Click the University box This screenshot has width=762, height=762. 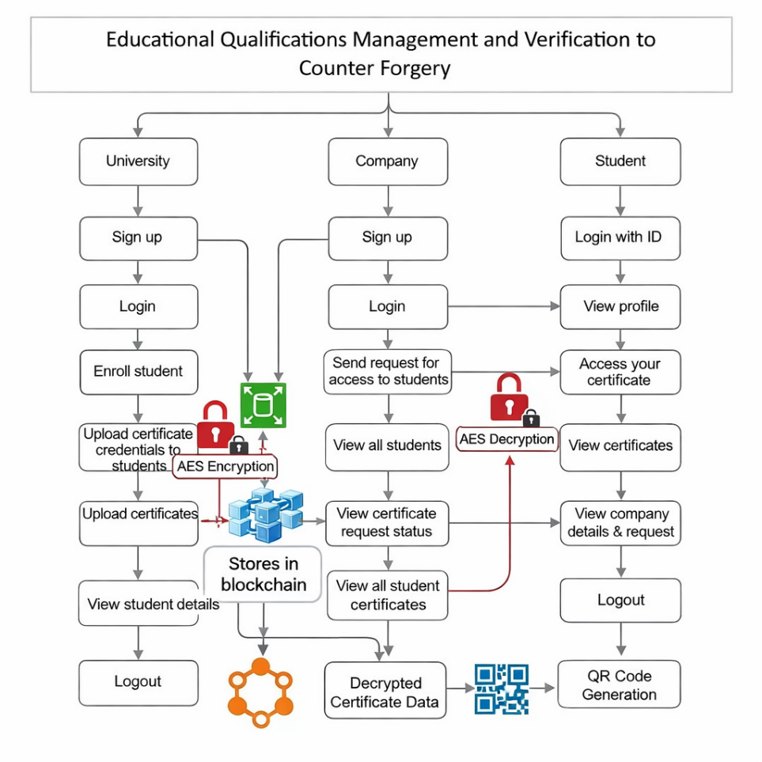(x=138, y=161)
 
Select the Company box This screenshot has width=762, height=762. (x=388, y=161)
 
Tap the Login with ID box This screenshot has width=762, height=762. (x=620, y=238)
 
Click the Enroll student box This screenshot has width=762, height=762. (x=138, y=372)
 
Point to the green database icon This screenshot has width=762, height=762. (x=263, y=405)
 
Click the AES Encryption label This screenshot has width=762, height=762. (x=225, y=467)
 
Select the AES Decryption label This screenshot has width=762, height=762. (x=507, y=439)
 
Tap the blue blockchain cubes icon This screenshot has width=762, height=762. (x=266, y=515)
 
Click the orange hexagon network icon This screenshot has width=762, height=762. (x=261, y=692)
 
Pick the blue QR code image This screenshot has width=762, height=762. (x=502, y=689)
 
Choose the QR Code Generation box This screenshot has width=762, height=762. (x=619, y=684)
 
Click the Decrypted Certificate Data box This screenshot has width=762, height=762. (x=385, y=690)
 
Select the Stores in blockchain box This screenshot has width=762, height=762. (x=263, y=574)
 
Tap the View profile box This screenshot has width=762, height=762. (x=620, y=307)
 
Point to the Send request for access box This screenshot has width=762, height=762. (x=388, y=371)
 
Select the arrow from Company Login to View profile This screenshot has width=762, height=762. (x=504, y=306)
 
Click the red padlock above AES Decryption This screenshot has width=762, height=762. (x=509, y=396)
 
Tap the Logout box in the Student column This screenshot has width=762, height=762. (x=620, y=600)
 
